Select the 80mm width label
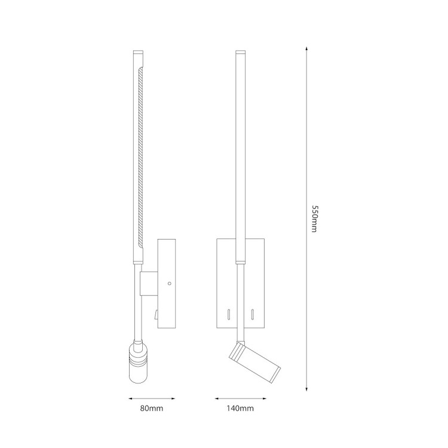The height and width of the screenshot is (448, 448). [x=152, y=409]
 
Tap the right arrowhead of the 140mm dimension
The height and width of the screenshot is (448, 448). [x=263, y=398]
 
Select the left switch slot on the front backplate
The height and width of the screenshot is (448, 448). [x=228, y=312]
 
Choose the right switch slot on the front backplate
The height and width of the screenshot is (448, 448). [x=253, y=312]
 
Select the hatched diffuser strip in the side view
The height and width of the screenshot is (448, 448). [x=140, y=158]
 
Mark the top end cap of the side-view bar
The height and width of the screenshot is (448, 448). [x=137, y=56]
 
